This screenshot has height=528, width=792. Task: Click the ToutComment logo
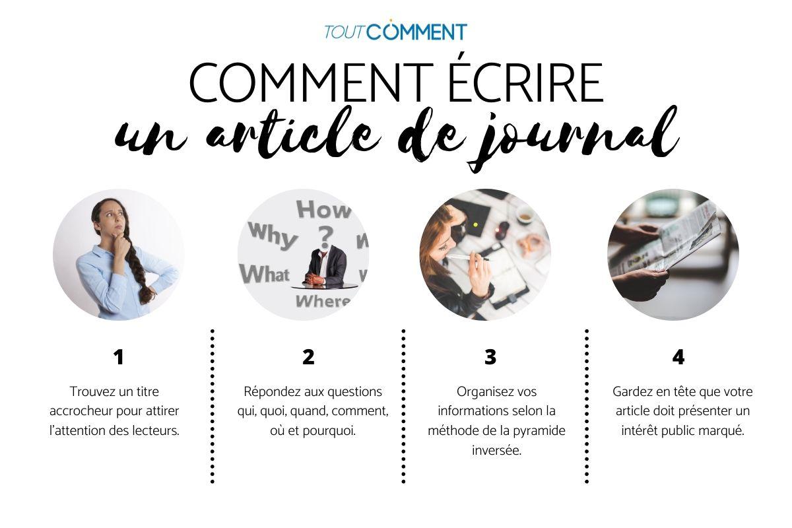(395, 31)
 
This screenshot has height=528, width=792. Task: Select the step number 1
(118, 357)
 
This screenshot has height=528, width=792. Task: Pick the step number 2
(308, 357)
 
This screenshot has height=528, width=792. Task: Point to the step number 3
(490, 357)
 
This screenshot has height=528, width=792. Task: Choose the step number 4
(678, 357)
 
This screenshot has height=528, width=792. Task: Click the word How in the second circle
(323, 210)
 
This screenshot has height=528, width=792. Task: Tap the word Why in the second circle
(272, 235)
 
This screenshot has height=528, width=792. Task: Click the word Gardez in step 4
(633, 391)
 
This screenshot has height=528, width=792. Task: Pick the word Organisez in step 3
(484, 391)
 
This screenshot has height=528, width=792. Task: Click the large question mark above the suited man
(323, 235)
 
